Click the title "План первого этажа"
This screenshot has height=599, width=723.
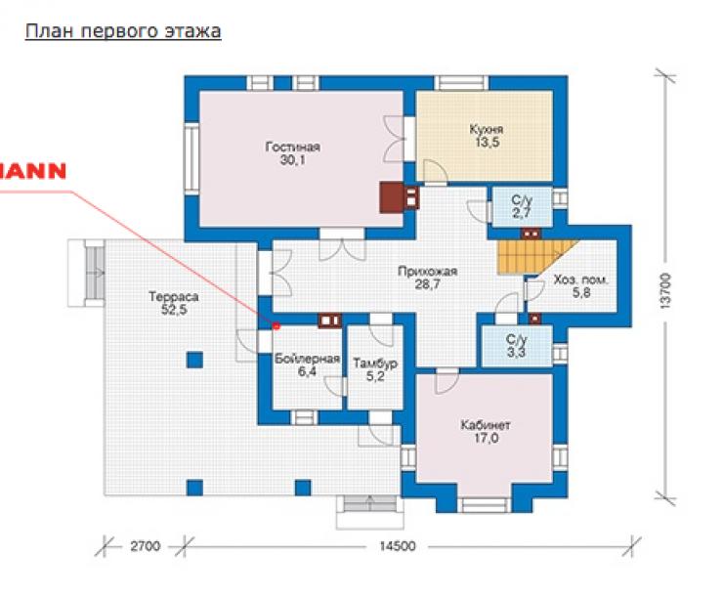123,32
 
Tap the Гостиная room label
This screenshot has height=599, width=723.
293,148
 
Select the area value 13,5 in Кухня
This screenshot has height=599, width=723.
487,142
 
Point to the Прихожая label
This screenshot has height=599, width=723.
427,271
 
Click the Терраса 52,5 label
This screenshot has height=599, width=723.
174,303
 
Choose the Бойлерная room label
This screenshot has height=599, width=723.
307,359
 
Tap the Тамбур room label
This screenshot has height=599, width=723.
375,364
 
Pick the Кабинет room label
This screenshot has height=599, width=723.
486,425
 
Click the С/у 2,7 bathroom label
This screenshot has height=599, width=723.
522,206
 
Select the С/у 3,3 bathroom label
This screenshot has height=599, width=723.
517,346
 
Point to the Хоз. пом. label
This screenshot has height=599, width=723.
581,279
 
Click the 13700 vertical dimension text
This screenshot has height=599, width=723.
665,290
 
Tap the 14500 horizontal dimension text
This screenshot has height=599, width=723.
398,546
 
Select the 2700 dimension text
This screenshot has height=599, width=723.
146,546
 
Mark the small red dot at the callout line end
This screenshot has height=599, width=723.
276,326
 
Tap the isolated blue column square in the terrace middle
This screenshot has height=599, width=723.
194,360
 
